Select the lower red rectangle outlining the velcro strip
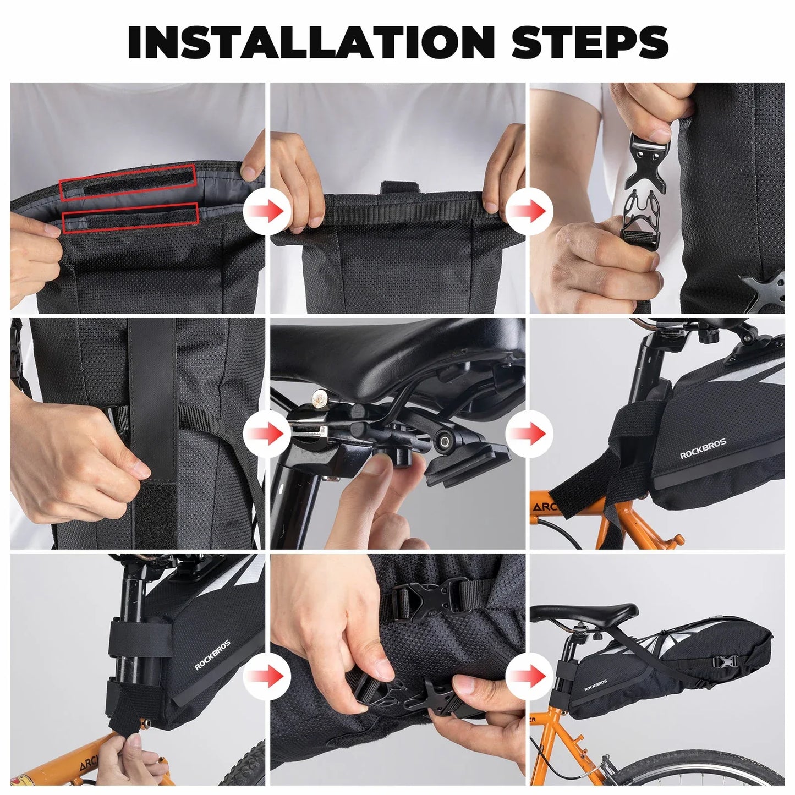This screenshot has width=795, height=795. click(x=130, y=213)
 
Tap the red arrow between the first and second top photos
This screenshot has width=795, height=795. click(x=267, y=211)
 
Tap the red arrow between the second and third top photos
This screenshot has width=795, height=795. click(x=527, y=211)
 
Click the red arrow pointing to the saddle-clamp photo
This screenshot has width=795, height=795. click(x=267, y=434)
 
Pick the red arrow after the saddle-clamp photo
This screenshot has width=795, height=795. click(x=527, y=434)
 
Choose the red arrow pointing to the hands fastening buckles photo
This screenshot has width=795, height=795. click(x=267, y=675)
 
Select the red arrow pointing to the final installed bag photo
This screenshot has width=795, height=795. click(x=527, y=675)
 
